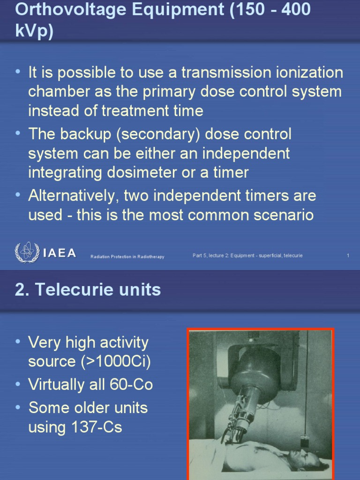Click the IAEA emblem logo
pos(27,252)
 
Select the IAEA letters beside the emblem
pos(60,253)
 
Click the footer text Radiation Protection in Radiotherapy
pos(127,257)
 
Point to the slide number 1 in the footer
pos(348,255)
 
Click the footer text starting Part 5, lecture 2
pos(247,255)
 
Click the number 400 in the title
pos(293,9)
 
